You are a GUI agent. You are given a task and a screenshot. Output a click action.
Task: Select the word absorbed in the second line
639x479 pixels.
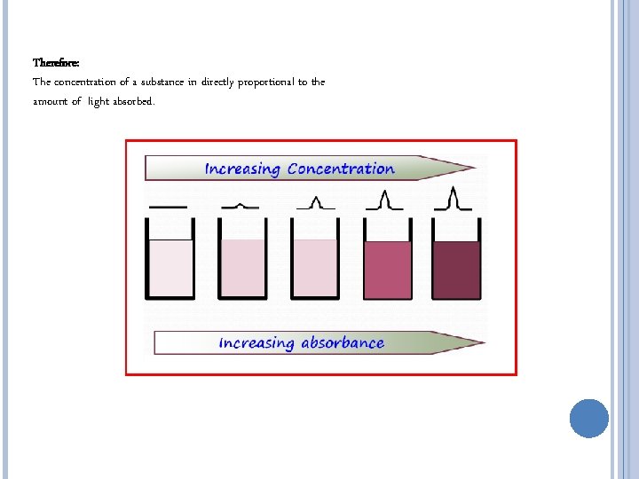(x=136, y=102)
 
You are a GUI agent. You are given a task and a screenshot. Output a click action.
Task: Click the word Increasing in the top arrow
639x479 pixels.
(x=242, y=169)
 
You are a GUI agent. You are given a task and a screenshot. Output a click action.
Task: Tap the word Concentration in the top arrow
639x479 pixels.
(x=341, y=169)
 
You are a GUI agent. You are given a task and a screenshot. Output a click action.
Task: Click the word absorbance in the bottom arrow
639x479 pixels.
(x=342, y=342)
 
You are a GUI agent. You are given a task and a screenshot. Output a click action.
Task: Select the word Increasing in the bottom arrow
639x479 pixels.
(x=256, y=342)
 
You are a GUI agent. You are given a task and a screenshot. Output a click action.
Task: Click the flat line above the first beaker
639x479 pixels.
(x=168, y=207)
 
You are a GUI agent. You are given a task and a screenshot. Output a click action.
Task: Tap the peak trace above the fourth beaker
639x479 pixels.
(x=385, y=200)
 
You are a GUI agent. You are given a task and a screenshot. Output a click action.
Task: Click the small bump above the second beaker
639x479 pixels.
(x=241, y=205)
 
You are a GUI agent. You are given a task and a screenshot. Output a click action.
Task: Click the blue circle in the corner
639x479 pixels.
(x=588, y=419)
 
